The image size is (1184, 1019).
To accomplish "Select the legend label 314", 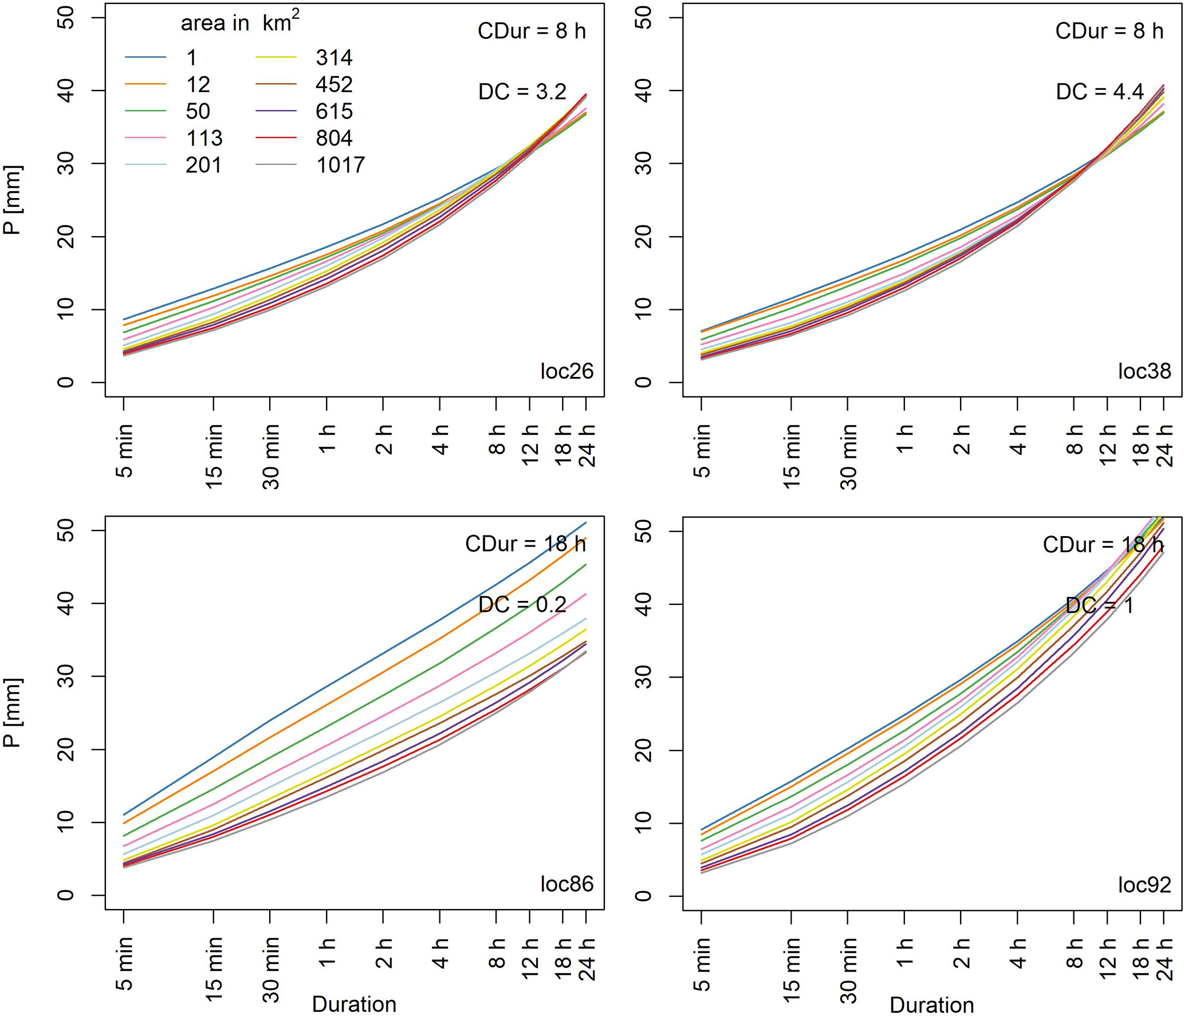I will tap(334, 58).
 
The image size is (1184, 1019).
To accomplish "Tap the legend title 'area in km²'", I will tap(239, 23).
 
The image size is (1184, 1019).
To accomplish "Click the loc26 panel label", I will tap(567, 371).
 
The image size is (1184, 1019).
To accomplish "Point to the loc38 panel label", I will tap(1144, 371).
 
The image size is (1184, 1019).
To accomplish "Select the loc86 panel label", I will tap(567, 884).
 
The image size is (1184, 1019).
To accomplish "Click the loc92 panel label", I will tap(1144, 884).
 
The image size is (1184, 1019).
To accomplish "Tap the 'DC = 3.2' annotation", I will tap(522, 92).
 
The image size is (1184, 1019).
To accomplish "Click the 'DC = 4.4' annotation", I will tap(1099, 92).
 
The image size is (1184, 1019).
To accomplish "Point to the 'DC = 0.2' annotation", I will tap(522, 604).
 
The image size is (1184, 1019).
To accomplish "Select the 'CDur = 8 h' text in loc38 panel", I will tap(1109, 31).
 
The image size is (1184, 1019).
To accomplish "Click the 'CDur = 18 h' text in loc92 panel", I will tap(1103, 544).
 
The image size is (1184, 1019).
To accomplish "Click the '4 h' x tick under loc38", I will tap(1018, 440).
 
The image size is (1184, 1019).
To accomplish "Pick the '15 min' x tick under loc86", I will tap(214, 969).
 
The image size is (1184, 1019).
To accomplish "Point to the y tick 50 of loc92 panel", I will tap(644, 531).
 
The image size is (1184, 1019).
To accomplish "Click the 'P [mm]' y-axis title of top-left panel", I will tap(13, 200).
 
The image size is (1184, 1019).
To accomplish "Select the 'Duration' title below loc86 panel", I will tap(354, 1004).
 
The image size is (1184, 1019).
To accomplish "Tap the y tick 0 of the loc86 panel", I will tap(66, 895).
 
